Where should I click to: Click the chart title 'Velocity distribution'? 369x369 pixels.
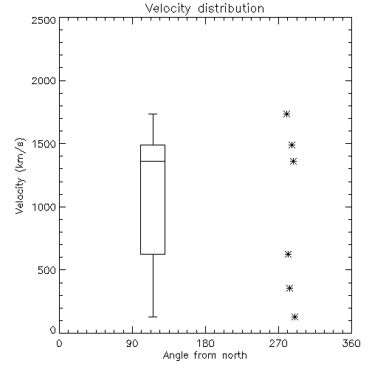(x=204, y=9)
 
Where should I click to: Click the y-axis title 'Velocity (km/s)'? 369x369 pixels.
(x=20, y=176)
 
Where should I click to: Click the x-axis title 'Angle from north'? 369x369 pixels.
(x=205, y=356)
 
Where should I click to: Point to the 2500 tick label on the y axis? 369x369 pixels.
(x=44, y=20)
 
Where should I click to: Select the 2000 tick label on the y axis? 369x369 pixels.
(x=44, y=81)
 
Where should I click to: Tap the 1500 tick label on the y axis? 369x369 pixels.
(x=44, y=144)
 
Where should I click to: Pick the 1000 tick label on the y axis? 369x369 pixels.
(x=44, y=207)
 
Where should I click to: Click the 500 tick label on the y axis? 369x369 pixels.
(x=47, y=270)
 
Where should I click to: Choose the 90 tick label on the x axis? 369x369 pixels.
(x=132, y=343)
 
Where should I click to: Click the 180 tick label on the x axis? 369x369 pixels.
(x=205, y=343)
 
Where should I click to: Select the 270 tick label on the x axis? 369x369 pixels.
(x=278, y=343)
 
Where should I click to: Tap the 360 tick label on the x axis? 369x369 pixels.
(x=351, y=343)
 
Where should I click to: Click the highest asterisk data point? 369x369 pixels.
(x=286, y=114)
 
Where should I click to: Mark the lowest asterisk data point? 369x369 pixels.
(x=294, y=317)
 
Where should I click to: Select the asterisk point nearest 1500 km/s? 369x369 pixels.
(x=292, y=145)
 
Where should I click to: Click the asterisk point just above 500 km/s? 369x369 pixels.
(x=288, y=254)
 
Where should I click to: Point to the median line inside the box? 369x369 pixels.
(x=153, y=161)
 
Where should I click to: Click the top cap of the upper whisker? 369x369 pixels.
(x=153, y=114)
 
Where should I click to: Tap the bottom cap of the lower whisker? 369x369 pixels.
(x=153, y=317)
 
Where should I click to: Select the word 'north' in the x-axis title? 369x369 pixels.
(x=235, y=356)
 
